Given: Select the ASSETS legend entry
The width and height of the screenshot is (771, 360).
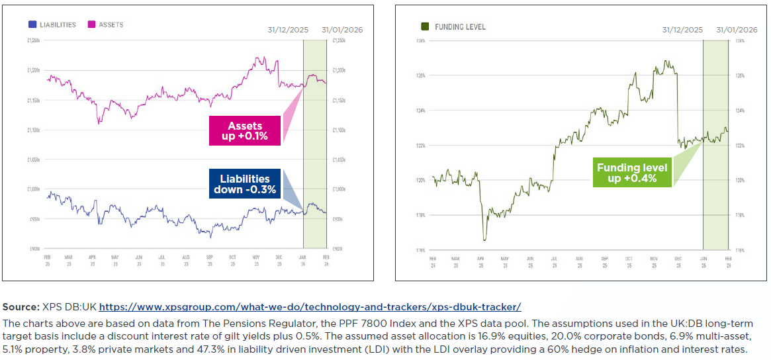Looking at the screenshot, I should (106, 25).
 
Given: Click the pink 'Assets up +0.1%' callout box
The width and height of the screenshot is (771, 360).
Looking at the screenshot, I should (245, 130).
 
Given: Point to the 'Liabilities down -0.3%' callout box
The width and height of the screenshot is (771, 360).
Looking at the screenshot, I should (245, 184).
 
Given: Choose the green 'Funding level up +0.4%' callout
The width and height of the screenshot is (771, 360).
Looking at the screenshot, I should (627, 173).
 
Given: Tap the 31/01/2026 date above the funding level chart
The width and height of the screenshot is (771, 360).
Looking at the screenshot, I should (737, 30).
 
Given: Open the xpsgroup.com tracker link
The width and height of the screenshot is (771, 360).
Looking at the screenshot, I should (310, 307).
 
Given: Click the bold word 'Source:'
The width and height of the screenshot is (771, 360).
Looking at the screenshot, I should (21, 307).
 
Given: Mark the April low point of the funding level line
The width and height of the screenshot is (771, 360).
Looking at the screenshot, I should (484, 240).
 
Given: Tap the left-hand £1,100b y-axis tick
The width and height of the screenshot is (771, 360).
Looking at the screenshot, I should (34, 130).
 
